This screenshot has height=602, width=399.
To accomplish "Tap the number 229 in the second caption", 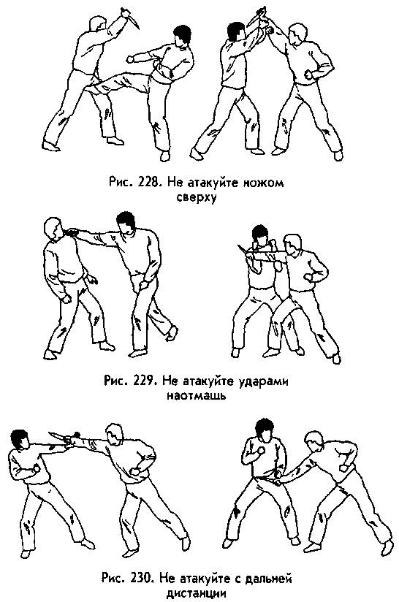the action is (141, 381).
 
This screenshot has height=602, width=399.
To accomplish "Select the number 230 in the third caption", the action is (140, 578).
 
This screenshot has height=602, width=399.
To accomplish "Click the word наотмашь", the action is (196, 395).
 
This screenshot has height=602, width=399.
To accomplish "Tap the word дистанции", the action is (197, 593).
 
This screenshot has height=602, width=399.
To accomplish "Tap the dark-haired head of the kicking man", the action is (181, 36).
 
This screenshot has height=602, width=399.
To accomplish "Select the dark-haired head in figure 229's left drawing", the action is (126, 222).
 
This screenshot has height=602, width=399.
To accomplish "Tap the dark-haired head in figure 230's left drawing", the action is (20, 440).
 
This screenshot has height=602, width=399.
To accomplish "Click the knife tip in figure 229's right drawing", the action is (238, 245).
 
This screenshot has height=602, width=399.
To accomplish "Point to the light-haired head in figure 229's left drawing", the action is (53, 229).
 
